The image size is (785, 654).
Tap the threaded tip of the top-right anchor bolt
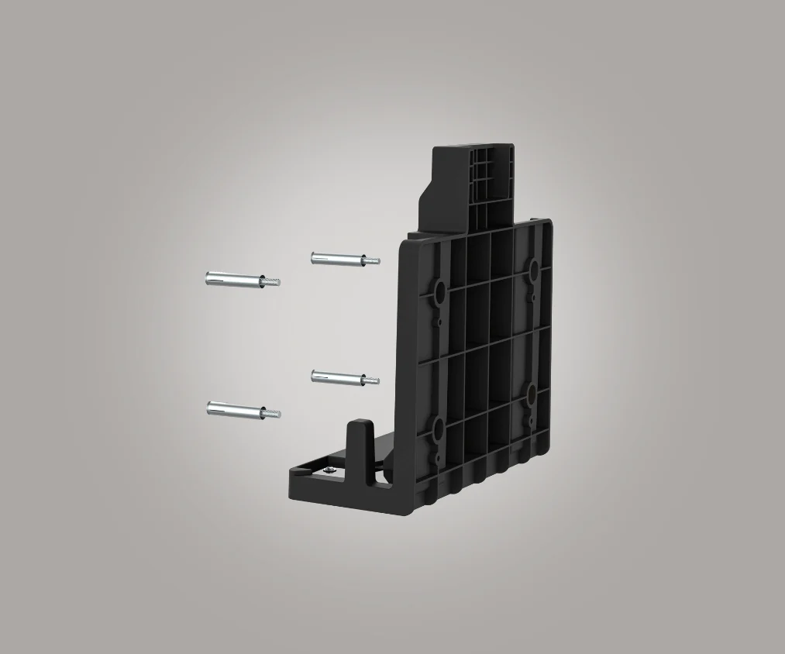tap(372, 261)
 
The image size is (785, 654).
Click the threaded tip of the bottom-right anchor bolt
tap(372, 380)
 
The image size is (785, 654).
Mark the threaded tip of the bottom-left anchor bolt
tap(271, 414)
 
